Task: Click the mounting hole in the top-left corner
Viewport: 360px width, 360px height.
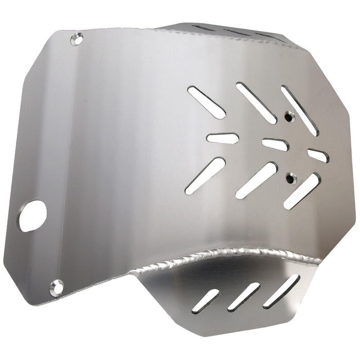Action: coord(77,38)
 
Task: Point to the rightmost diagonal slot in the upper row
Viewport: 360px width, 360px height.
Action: coord(299,110)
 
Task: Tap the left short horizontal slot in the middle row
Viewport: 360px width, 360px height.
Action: coord(222,138)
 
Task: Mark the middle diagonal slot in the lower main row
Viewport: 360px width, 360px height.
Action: coord(256,181)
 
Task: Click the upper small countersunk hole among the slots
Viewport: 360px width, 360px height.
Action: coord(290,117)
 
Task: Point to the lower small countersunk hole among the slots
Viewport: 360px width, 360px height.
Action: coord(292,178)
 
